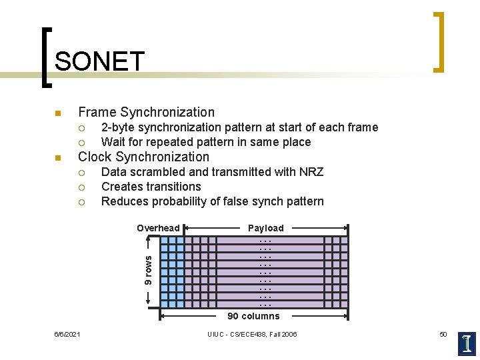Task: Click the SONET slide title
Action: (99, 62)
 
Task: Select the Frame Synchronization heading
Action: (146, 112)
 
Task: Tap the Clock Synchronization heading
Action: (143, 157)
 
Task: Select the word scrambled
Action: (159, 172)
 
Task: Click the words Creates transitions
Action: (151, 187)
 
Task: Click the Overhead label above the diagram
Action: (158, 228)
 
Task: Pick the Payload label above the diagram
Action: (265, 228)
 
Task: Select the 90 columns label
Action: (253, 316)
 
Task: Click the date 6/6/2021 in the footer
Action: (67, 334)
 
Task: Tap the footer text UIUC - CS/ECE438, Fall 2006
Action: (252, 334)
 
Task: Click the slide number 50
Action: (443, 334)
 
